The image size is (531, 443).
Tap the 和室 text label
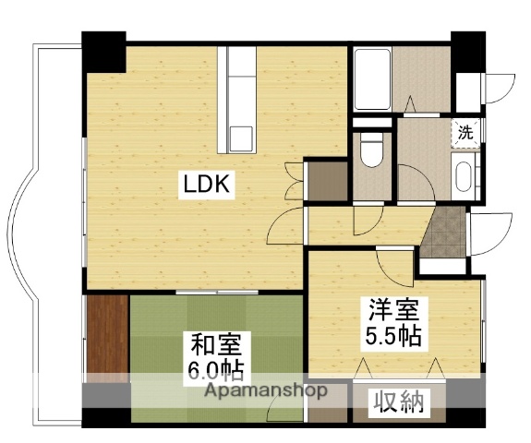click(x=217, y=346)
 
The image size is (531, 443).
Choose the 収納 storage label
click(x=400, y=401)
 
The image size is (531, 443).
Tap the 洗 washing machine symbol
click(x=466, y=132)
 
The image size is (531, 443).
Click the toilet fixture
click(x=372, y=151)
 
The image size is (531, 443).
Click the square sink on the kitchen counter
click(x=239, y=137)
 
